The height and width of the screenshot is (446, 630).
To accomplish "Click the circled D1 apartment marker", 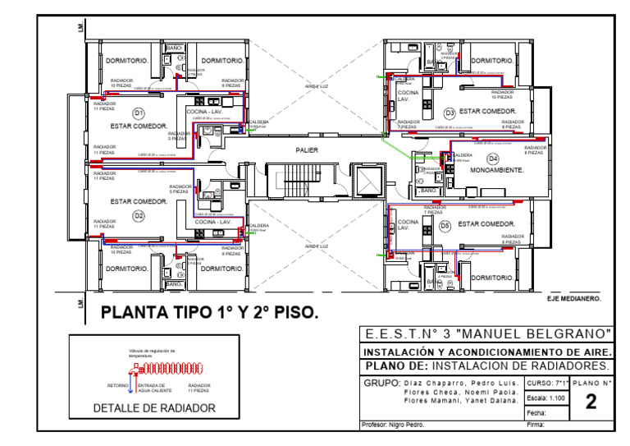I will coord(138,112).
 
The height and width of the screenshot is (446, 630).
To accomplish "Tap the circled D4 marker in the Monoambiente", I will coord(493,159).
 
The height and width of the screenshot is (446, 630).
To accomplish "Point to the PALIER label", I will coord(307,150).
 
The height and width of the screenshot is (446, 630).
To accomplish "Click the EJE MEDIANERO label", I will coord(573,299).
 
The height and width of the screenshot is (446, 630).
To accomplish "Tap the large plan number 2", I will coord(591,402).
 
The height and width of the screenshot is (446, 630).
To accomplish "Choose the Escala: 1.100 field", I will coord(543,398).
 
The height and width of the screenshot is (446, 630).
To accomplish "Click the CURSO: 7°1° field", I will coord(543,384).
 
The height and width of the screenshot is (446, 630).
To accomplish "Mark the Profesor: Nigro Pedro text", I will coord(390,425).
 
